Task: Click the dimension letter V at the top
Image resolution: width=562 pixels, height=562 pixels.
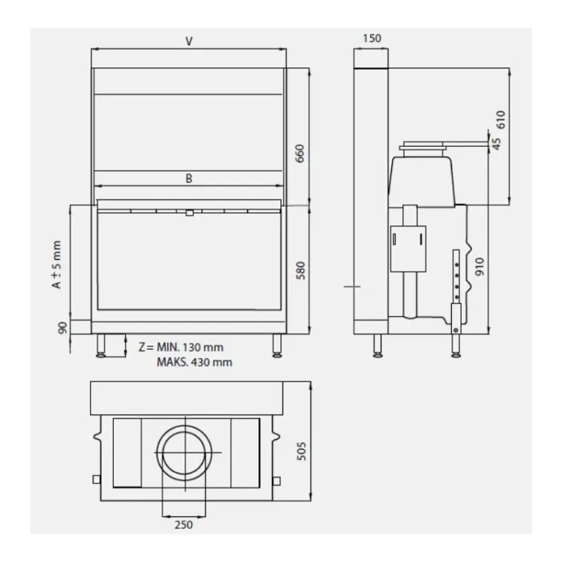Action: coord(189,41)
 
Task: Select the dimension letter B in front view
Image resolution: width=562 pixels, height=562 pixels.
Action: coord(189,178)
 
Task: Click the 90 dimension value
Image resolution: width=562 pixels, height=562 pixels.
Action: coord(63,328)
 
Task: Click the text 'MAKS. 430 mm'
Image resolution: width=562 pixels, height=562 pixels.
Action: coord(194,363)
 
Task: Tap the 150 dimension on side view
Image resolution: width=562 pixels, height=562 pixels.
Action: coord(371,38)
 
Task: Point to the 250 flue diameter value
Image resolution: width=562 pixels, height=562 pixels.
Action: coord(184,525)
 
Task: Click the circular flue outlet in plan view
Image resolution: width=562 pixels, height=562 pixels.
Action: coord(188,454)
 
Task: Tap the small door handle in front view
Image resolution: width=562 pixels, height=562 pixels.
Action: coord(189,213)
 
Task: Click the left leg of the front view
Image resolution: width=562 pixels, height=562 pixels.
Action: coord(100,345)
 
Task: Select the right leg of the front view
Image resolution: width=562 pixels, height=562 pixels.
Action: coord(277,345)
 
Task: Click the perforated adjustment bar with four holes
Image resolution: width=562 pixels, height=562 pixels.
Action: coord(454,274)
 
